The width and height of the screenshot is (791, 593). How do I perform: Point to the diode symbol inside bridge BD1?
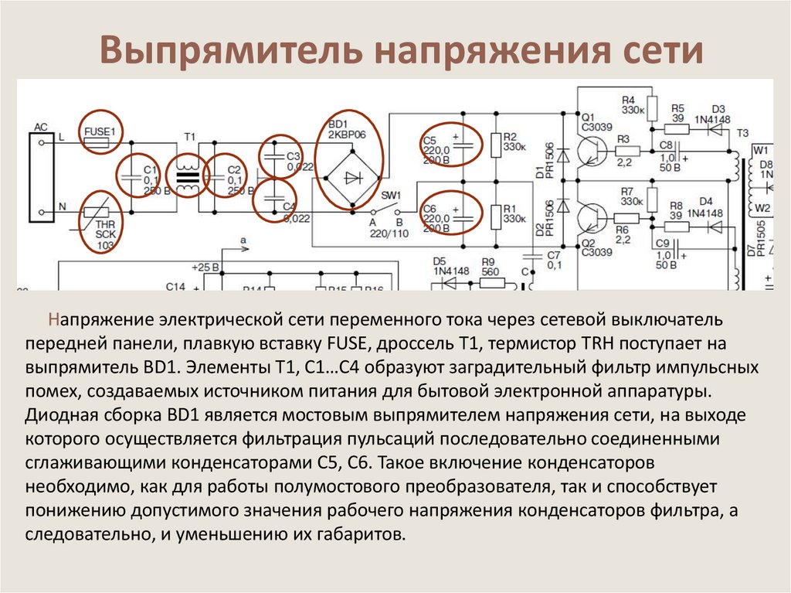(353, 178)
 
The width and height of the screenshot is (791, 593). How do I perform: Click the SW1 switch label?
(390, 195)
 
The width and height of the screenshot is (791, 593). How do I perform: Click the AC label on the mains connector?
(41, 126)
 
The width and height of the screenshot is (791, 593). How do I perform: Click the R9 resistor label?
(487, 261)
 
